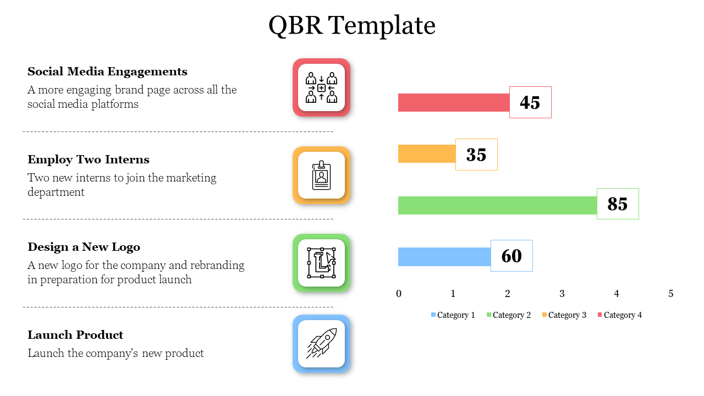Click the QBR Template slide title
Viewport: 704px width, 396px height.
pyautogui.click(x=352, y=26)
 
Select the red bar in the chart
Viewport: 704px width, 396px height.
pyautogui.click(x=453, y=102)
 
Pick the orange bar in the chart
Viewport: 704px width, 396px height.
pyautogui.click(x=427, y=154)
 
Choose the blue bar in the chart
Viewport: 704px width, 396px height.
pyautogui.click(x=444, y=256)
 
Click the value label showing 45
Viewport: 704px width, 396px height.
pyautogui.click(x=530, y=102)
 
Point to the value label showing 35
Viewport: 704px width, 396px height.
pyautogui.click(x=476, y=155)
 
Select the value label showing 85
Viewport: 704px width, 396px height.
pyautogui.click(x=618, y=204)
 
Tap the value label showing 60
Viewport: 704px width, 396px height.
pyautogui.click(x=512, y=256)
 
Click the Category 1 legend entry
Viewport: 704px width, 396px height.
pyautogui.click(x=453, y=315)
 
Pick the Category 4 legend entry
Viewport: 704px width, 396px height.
pyautogui.click(x=619, y=315)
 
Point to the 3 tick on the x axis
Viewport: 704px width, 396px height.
pyautogui.click(x=562, y=294)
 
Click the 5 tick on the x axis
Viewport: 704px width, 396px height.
pyautogui.click(x=671, y=294)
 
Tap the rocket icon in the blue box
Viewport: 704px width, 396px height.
pyautogui.click(x=321, y=343)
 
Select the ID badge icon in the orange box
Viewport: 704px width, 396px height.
pyautogui.click(x=321, y=175)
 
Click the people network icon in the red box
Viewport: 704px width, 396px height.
pyautogui.click(x=321, y=87)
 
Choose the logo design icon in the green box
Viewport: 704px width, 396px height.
pyautogui.click(x=321, y=263)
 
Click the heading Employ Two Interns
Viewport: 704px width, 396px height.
pyautogui.click(x=89, y=159)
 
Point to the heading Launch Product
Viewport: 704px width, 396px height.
pyautogui.click(x=75, y=335)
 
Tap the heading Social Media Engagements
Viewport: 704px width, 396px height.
pyautogui.click(x=107, y=71)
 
